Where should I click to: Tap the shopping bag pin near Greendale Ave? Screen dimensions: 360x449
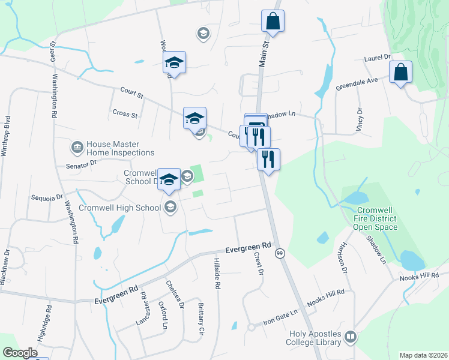(400, 73)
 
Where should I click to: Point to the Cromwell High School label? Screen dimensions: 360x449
(119, 208)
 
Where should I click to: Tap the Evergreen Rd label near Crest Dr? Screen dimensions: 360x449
(249, 246)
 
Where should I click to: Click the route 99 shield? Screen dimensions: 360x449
(280, 254)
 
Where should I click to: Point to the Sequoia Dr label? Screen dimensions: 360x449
(47, 197)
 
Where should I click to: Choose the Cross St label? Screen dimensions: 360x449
(125, 113)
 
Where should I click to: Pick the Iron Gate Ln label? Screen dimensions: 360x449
(280, 316)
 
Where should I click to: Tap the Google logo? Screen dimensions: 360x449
(20, 352)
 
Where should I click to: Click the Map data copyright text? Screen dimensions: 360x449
(423, 355)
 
